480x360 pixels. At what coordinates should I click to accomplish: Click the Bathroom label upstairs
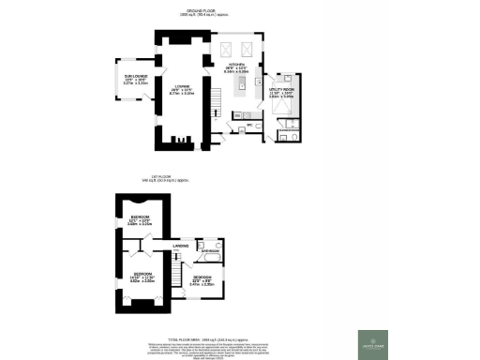click(210, 250)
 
